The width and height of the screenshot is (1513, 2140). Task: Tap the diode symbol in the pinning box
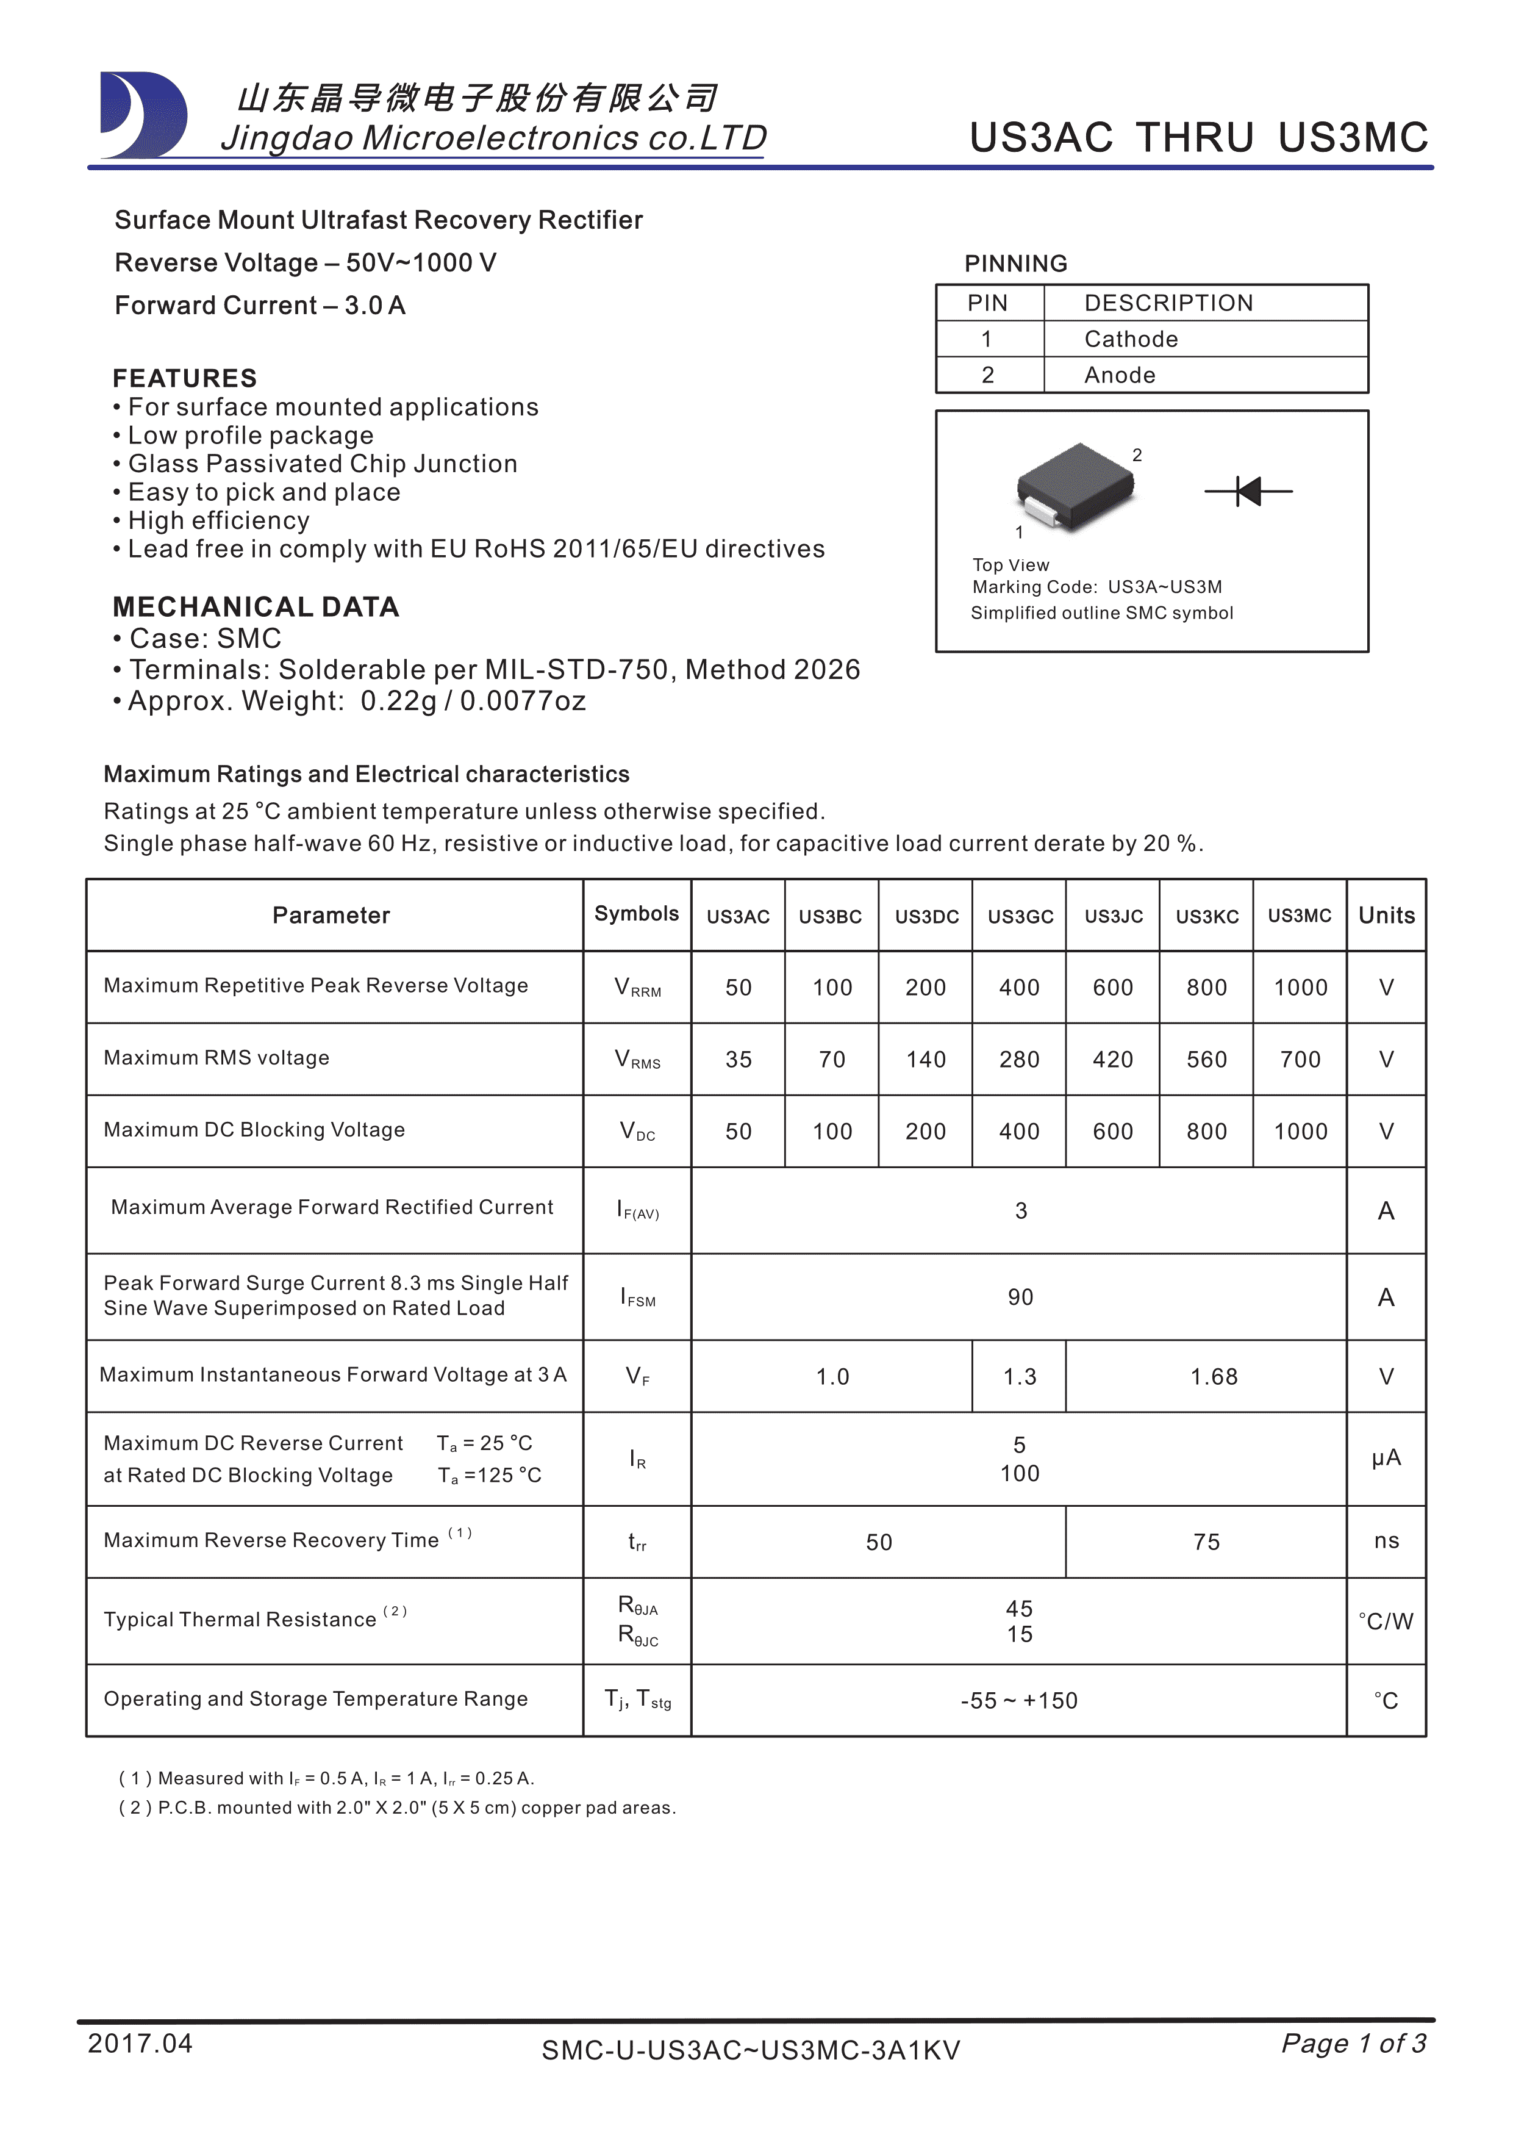tap(1248, 490)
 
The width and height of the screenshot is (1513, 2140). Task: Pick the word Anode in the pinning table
tap(1119, 376)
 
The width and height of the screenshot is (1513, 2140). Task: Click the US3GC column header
tap(1020, 916)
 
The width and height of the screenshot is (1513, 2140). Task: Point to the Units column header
tap(1386, 915)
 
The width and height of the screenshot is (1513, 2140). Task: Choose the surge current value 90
tap(1020, 1298)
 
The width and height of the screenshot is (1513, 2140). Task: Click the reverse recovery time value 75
tap(1206, 1543)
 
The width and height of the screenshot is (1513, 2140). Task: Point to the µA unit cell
tap(1386, 1458)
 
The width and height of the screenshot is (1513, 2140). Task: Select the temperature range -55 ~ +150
tap(1018, 1701)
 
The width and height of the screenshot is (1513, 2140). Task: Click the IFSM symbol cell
tap(637, 1298)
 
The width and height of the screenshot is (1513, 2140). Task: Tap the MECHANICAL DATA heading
tap(256, 607)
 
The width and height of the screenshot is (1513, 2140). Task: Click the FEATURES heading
tap(184, 378)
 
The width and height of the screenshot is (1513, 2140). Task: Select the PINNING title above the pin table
tap(1015, 264)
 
